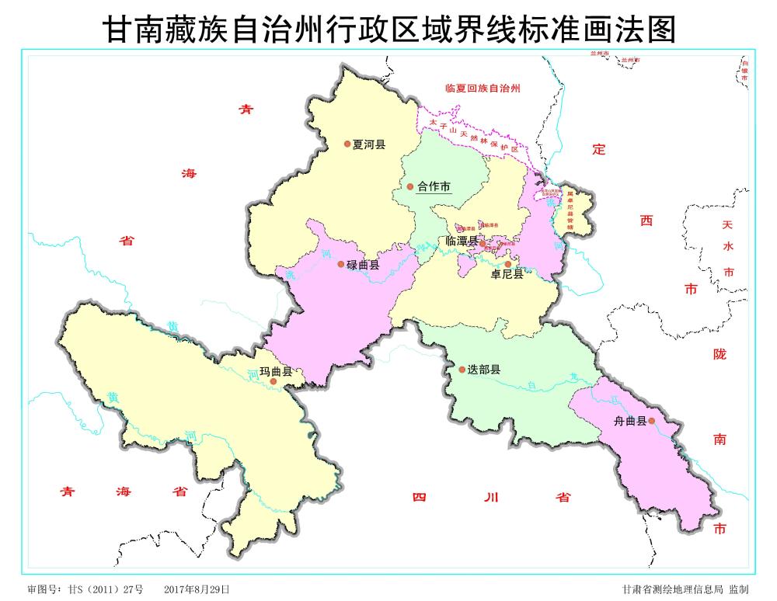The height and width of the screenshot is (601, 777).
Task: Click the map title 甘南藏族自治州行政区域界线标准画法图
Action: [x=388, y=30]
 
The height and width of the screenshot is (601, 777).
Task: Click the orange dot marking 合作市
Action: [x=410, y=186]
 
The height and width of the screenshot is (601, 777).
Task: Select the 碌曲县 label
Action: [x=363, y=265]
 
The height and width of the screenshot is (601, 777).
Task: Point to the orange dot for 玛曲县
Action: [x=273, y=381]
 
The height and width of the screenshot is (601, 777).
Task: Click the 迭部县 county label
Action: [x=483, y=370]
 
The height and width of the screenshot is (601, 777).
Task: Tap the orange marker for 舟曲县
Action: [x=652, y=421]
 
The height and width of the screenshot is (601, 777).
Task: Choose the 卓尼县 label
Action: [x=507, y=274]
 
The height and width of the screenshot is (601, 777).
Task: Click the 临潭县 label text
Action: [x=462, y=242]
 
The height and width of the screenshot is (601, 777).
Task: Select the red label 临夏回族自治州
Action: [x=482, y=89]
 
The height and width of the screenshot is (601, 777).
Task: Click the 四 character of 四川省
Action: [x=420, y=497]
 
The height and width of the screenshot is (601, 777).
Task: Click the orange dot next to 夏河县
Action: [x=347, y=144]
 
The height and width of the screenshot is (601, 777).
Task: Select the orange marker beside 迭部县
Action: [x=461, y=370]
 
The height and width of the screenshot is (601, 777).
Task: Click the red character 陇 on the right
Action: [x=720, y=354]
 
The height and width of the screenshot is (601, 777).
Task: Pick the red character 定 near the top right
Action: [x=598, y=150]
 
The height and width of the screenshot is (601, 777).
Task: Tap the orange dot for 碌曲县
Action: [x=340, y=264]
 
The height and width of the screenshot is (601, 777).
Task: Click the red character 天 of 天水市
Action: [x=728, y=225]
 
